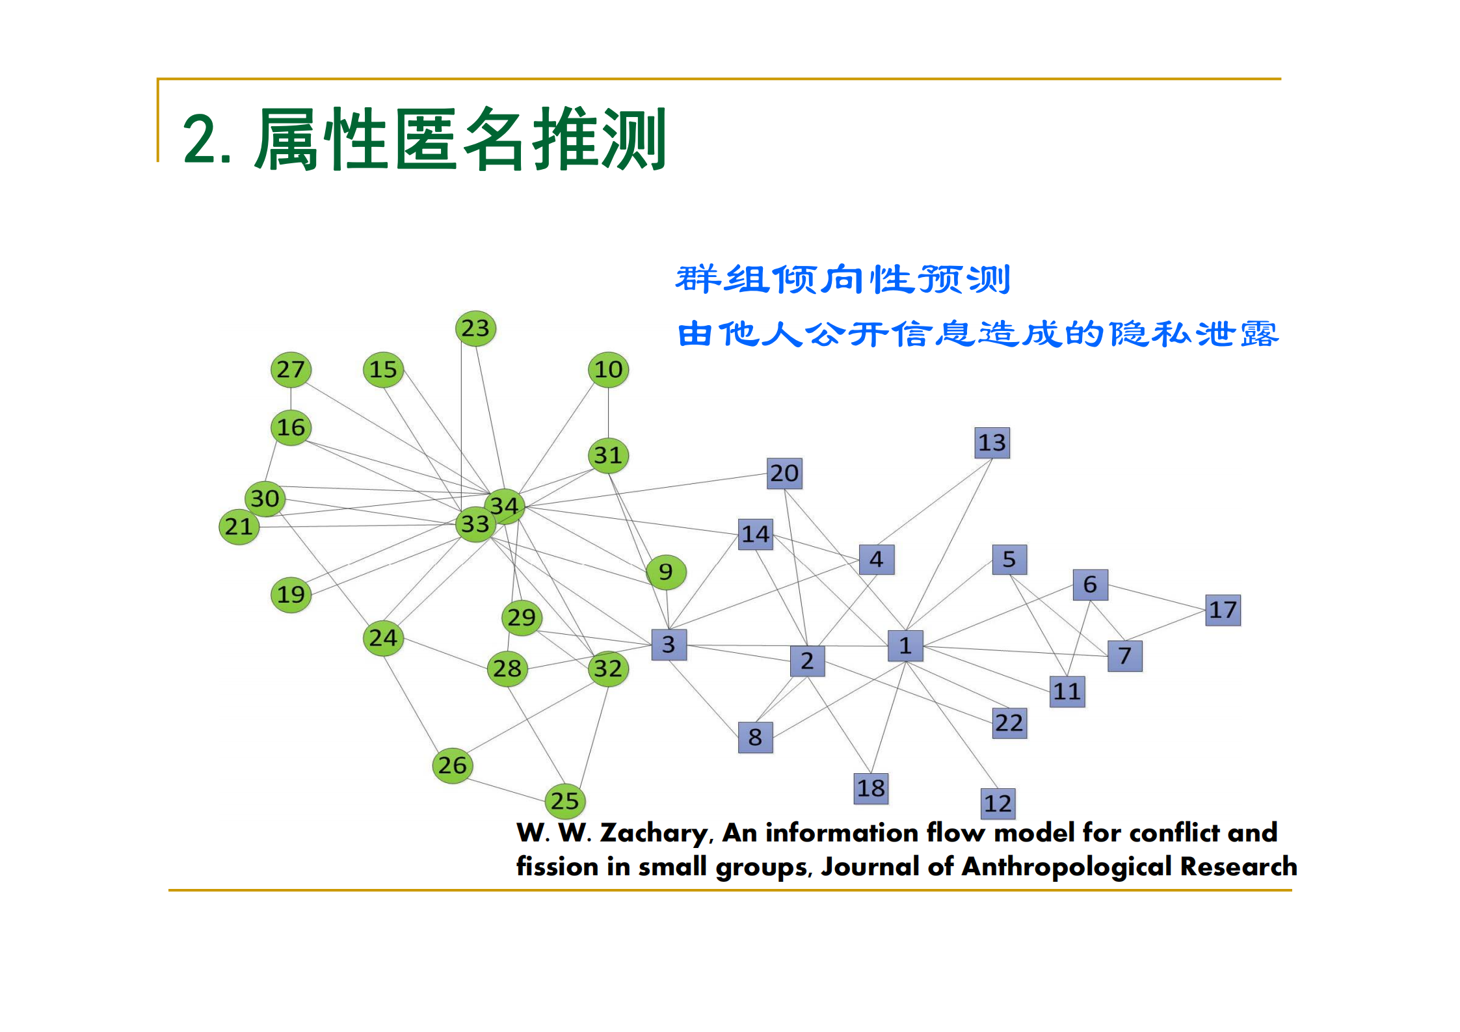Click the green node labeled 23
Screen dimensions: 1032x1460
(x=475, y=328)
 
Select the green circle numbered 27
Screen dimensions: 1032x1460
(x=291, y=370)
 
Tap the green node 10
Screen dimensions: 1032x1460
(x=608, y=370)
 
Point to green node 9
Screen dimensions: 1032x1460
(x=666, y=572)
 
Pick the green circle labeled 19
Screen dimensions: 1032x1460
(x=291, y=594)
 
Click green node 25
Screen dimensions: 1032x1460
(x=564, y=801)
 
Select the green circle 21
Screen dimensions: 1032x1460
(x=239, y=527)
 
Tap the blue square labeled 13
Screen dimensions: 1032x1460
(x=992, y=443)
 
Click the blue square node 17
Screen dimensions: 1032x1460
(x=1223, y=610)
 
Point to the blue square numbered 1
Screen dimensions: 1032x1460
(x=905, y=646)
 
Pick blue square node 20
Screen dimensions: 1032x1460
(x=784, y=473)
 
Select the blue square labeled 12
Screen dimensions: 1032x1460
(x=998, y=804)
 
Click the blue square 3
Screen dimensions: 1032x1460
(x=669, y=644)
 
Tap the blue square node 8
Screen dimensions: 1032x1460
(x=755, y=737)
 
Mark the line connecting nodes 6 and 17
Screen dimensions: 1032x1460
(x=1156, y=598)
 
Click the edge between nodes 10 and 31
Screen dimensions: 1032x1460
(x=608, y=412)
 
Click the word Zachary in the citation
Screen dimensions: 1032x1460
(x=654, y=833)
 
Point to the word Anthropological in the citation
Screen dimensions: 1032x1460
(x=1067, y=867)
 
